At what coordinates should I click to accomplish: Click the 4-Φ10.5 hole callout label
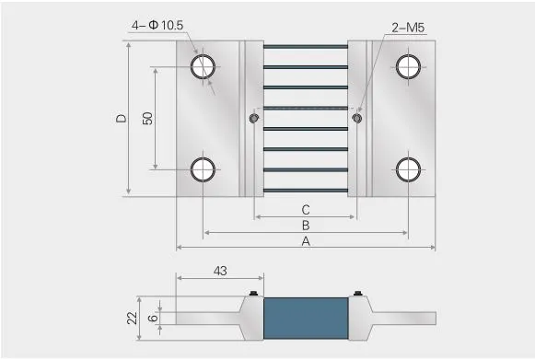coord(157,25)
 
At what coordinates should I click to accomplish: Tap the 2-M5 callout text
coord(408,28)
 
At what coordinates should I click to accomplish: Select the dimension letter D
coord(122,119)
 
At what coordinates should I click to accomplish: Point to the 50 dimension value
coord(147,119)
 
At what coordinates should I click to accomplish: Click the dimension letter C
coord(306,210)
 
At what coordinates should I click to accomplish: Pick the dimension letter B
coord(306,226)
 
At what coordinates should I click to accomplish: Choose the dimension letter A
coord(306,241)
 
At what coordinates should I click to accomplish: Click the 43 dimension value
coord(220,271)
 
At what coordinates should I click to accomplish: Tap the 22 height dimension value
coord(132,318)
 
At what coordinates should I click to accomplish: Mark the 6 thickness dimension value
coord(153,318)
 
